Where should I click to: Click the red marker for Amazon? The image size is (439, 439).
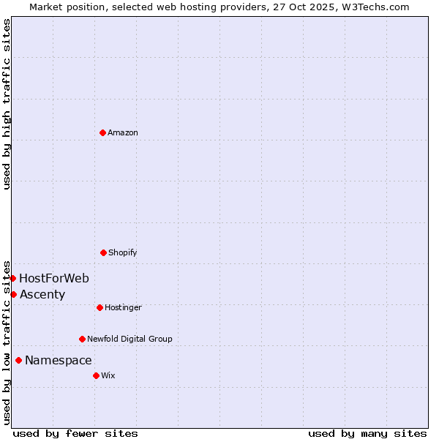pyautogui.click(x=102, y=132)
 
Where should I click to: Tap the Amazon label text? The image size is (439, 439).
pyautogui.click(x=123, y=132)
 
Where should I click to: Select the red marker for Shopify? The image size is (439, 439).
pyautogui.click(x=103, y=252)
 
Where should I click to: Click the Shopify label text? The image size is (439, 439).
pyautogui.click(x=123, y=252)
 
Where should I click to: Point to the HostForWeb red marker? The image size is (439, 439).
pyautogui.click(x=12, y=278)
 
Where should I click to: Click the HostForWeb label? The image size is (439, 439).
pyautogui.click(x=54, y=278)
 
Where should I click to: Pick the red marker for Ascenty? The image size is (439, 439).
pyautogui.click(x=13, y=294)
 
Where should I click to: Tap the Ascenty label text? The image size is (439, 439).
pyautogui.click(x=42, y=295)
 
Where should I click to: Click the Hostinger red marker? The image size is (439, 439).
pyautogui.click(x=100, y=307)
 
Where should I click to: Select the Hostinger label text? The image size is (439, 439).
pyautogui.click(x=123, y=307)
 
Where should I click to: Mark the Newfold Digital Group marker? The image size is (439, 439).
pyautogui.click(x=82, y=339)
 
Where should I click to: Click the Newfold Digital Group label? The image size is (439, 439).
pyautogui.click(x=130, y=339)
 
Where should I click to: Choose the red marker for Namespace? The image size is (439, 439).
pyautogui.click(x=18, y=360)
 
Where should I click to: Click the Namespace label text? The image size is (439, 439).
pyautogui.click(x=59, y=361)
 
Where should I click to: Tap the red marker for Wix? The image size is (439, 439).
pyautogui.click(x=96, y=375)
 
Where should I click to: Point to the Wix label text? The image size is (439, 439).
pyautogui.click(x=108, y=375)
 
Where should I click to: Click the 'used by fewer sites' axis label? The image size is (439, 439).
pyautogui.click(x=75, y=433)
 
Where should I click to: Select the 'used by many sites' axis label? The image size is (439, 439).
pyautogui.click(x=367, y=433)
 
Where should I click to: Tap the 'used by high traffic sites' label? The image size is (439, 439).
pyautogui.click(x=7, y=104)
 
